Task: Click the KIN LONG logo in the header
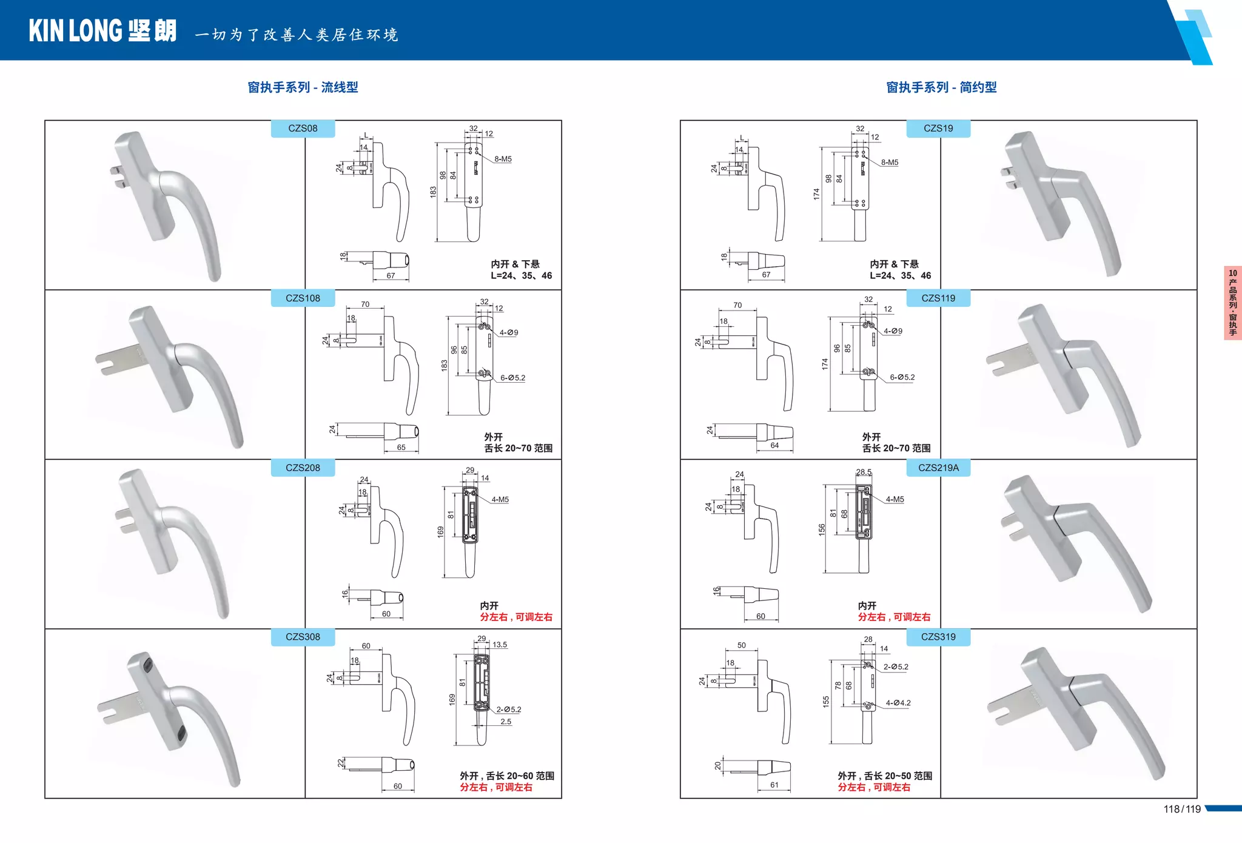pos(102,31)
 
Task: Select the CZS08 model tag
pos(303,129)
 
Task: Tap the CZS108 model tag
pos(303,298)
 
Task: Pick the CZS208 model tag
pos(303,468)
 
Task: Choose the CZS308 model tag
pos(303,637)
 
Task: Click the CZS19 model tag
pos(938,129)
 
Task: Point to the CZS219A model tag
pos(938,468)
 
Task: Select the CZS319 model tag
pos(938,637)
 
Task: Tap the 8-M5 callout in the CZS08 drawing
pos(503,159)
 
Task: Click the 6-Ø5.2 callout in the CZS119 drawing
pos(902,377)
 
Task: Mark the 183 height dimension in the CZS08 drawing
pos(433,191)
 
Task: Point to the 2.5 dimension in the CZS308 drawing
pos(506,722)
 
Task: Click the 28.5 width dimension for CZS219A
pos(864,472)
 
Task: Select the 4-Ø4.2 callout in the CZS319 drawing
pos(898,703)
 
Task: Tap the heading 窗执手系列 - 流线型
pos(303,87)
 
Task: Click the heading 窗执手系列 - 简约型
pos(941,87)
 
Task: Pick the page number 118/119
pos(1182,809)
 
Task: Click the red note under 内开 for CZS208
pos(516,617)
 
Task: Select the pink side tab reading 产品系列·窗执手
pos(1233,303)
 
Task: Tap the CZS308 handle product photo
pos(173,716)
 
